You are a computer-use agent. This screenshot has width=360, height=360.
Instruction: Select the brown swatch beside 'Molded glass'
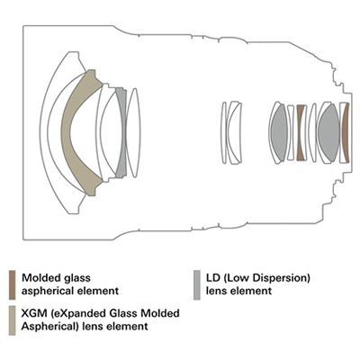click(13, 285)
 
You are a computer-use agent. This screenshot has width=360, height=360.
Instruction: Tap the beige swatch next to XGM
click(13, 320)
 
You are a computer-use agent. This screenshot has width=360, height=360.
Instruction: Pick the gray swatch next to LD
click(197, 285)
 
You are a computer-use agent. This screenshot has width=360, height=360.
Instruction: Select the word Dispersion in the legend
click(282, 279)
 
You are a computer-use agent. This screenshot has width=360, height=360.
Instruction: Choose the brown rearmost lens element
click(346, 132)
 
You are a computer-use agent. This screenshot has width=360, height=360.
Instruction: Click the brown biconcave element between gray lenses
click(301, 132)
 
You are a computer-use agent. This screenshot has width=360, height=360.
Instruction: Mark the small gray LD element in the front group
click(121, 132)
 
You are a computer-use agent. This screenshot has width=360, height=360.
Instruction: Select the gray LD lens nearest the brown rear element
click(328, 132)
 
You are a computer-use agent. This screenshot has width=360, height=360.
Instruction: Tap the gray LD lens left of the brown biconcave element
click(279, 132)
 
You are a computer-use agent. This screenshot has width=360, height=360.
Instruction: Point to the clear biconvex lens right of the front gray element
click(133, 132)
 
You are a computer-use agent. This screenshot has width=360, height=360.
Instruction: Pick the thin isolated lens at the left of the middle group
click(224, 132)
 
